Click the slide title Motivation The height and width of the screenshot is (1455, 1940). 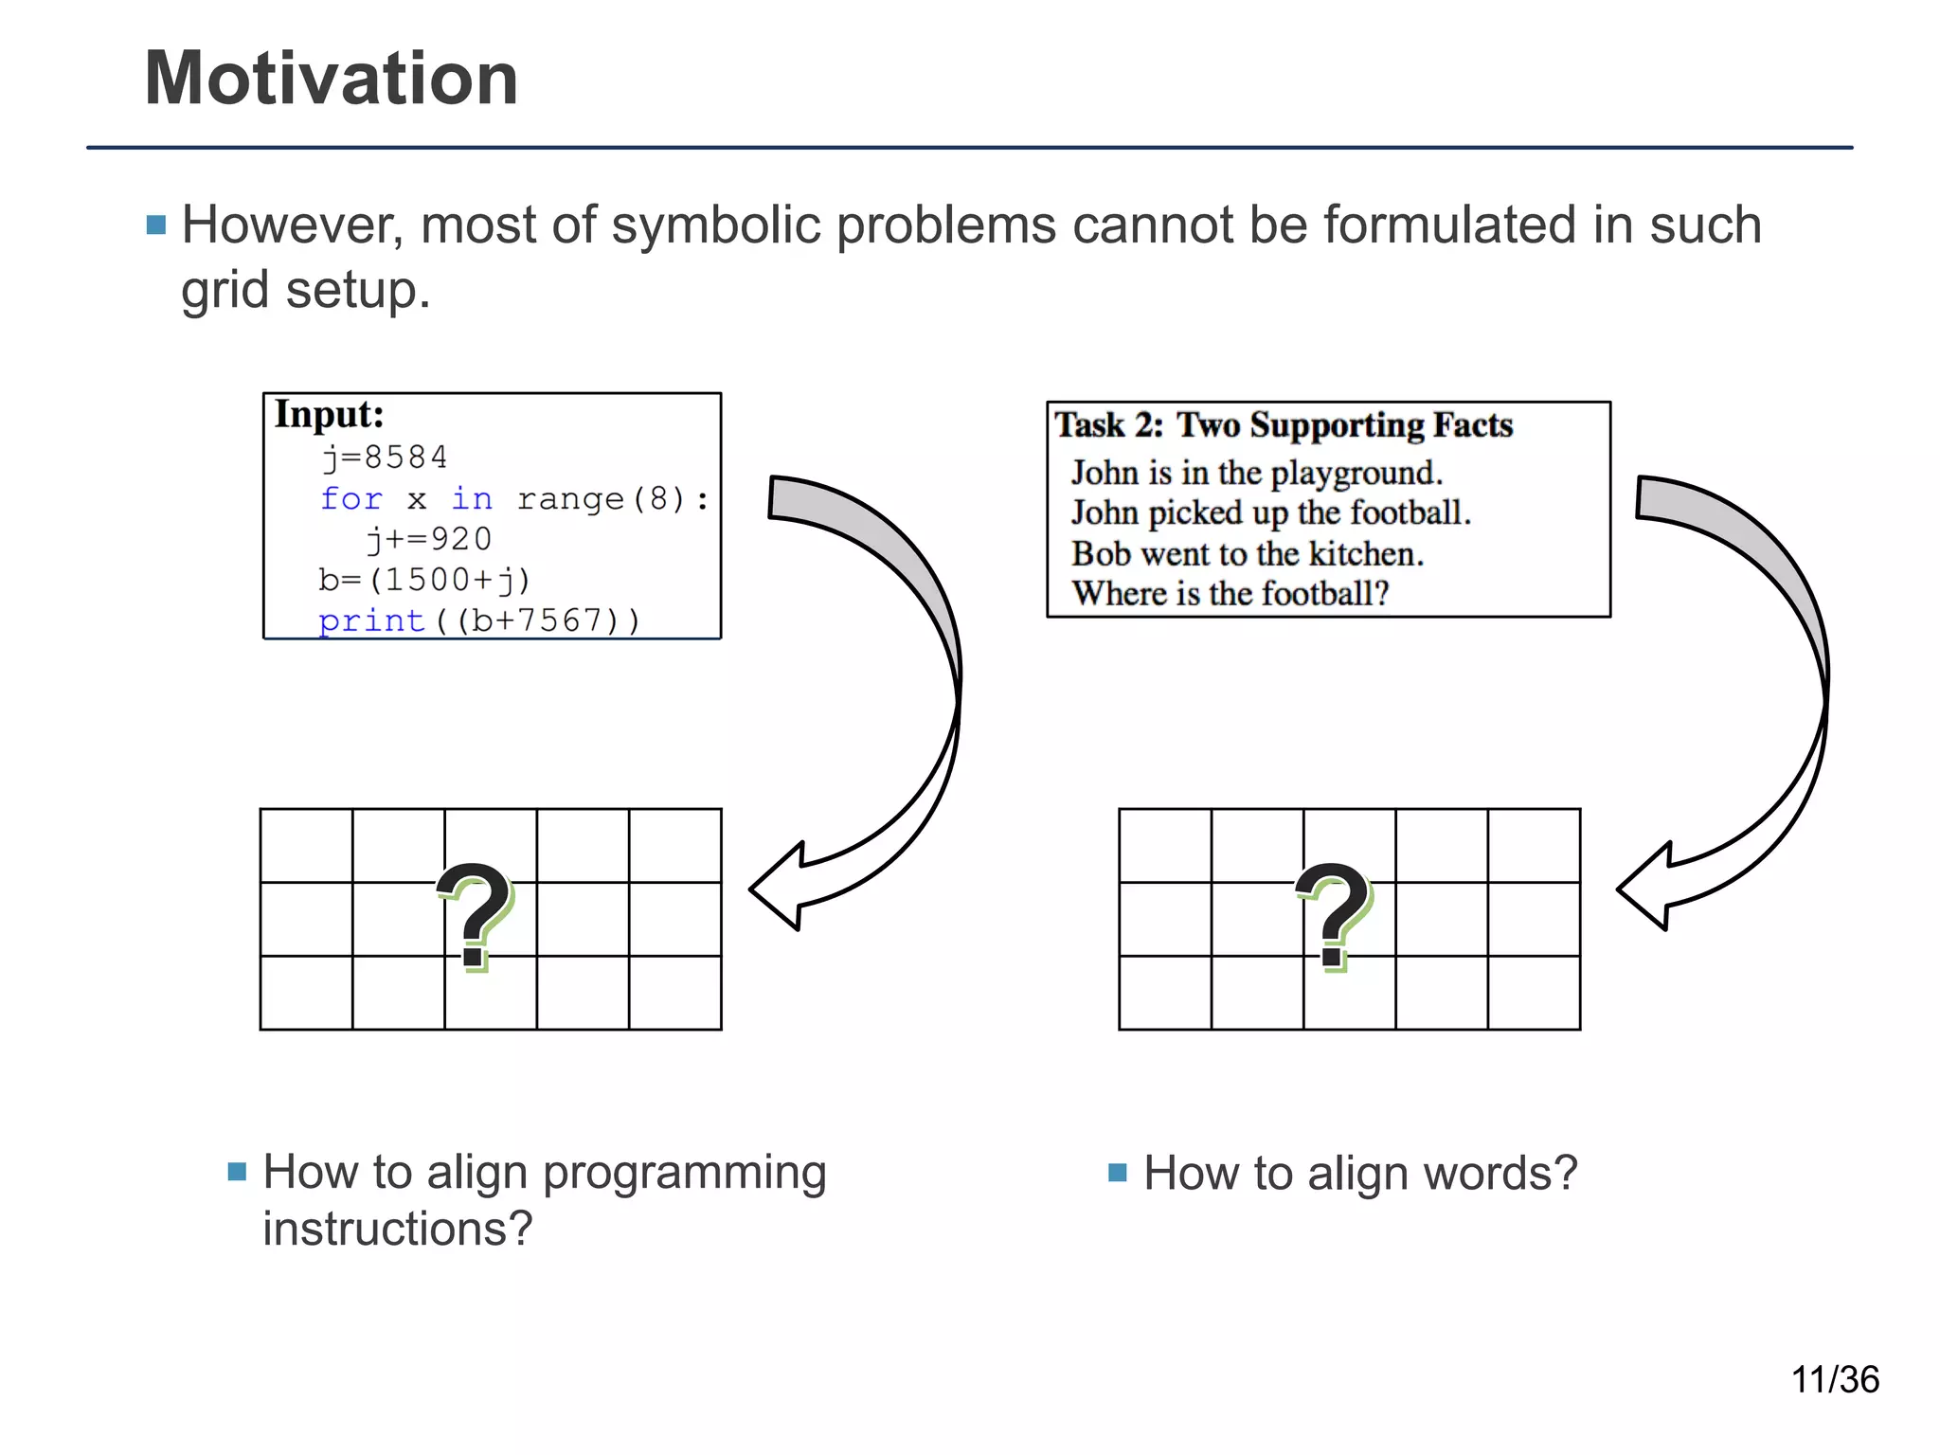[x=331, y=79]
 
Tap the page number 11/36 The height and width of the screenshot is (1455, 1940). [x=1834, y=1380]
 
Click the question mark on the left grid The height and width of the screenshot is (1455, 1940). [x=475, y=915]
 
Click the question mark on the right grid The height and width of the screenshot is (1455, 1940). [x=1334, y=915]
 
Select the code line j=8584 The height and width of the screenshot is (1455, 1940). [x=385, y=458]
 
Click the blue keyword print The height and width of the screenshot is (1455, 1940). [x=371, y=620]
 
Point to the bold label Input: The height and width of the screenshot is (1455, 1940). [x=329, y=415]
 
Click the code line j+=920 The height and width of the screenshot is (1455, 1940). [x=429, y=539]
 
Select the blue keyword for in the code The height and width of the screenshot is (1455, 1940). [x=351, y=498]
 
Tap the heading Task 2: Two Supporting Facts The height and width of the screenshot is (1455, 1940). [x=1284, y=425]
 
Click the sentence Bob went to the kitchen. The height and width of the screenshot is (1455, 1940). [x=1248, y=553]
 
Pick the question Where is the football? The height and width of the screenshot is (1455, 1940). [x=1230, y=594]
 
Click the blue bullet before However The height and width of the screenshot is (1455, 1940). [x=156, y=225]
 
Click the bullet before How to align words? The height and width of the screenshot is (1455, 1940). [x=1118, y=1173]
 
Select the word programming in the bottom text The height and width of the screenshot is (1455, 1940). [x=684, y=1174]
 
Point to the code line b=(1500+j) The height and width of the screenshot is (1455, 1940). [x=424, y=579]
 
